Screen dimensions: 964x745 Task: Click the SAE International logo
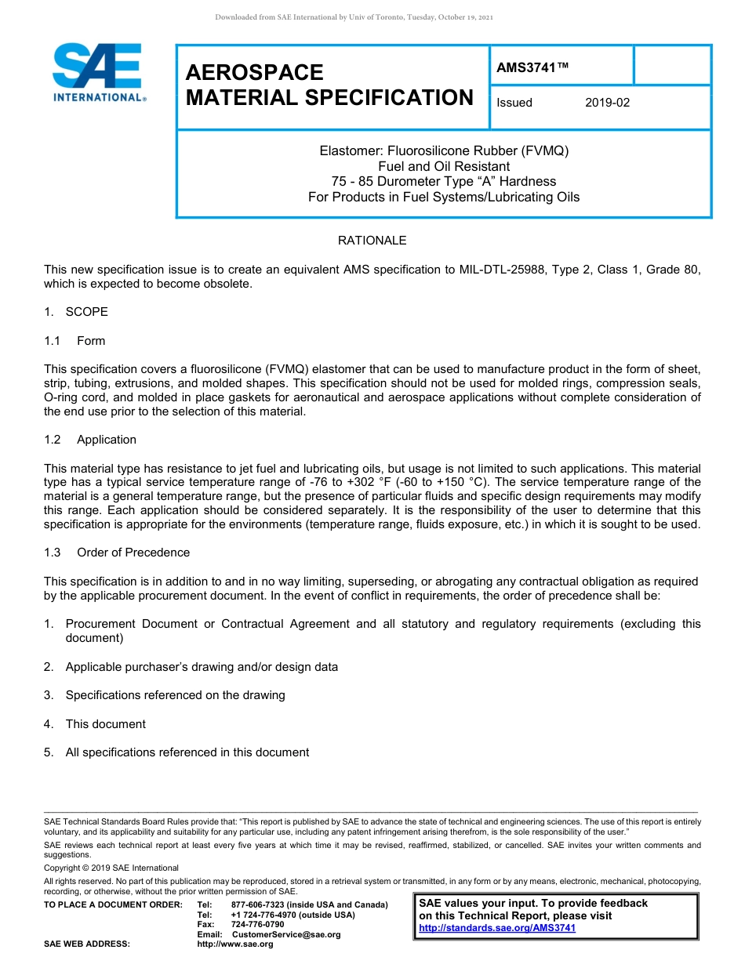pos(98,71)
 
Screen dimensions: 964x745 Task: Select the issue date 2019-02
pos(607,103)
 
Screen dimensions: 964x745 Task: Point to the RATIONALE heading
pos(372,241)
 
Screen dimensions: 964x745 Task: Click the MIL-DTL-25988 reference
pos(502,270)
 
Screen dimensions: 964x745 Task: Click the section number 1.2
pos(53,440)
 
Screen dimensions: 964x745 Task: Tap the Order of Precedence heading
pos(133,553)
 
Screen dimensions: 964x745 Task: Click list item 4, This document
pos(105,724)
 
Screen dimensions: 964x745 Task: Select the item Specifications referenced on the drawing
pos(175,695)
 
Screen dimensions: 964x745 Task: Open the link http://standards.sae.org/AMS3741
pos(497,928)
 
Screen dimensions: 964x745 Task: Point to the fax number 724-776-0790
pos(258,925)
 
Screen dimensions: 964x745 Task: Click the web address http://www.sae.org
pos(234,944)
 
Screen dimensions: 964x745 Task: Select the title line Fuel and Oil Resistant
pos(444,166)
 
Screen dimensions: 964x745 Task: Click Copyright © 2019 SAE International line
pos(111,868)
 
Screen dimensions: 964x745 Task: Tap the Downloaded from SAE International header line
pos(354,16)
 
